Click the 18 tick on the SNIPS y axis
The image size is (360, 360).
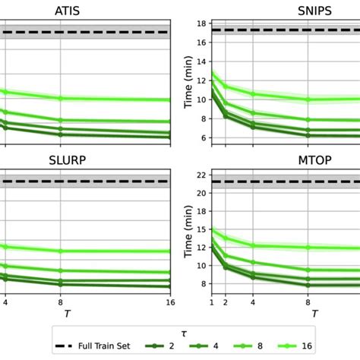[202, 24]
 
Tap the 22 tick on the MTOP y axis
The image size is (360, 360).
[202, 175]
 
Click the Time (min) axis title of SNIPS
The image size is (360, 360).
[188, 80]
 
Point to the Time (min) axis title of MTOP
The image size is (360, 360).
[188, 232]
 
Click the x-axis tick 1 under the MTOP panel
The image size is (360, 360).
[211, 302]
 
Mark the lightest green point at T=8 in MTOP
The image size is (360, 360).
[308, 247]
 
